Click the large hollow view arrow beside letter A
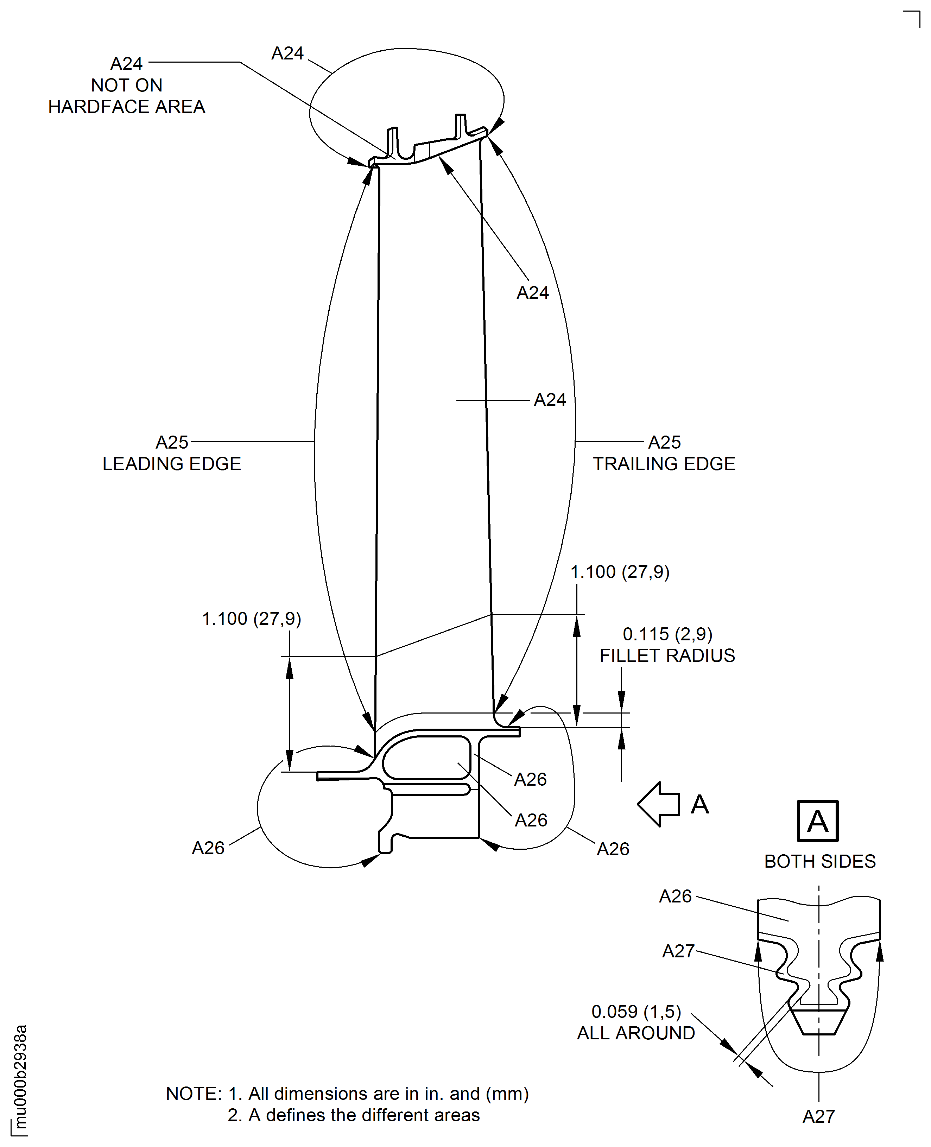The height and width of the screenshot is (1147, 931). pos(659,804)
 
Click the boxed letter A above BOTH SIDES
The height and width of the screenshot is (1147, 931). pos(817,821)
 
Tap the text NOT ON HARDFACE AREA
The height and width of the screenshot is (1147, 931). pos(127,96)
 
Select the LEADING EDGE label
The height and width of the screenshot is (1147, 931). pos(172,464)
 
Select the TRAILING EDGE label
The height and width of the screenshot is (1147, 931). pos(664,464)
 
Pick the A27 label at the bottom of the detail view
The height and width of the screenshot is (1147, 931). pos(818,1116)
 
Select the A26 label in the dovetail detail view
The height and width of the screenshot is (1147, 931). pos(675,896)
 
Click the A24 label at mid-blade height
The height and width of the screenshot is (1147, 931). pos(550,400)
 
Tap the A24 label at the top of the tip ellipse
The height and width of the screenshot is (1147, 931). pos(287,53)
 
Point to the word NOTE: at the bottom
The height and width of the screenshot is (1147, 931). pos(194,1094)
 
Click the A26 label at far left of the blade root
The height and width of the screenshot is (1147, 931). pos(208,848)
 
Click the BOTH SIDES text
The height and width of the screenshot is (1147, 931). pos(819,861)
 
